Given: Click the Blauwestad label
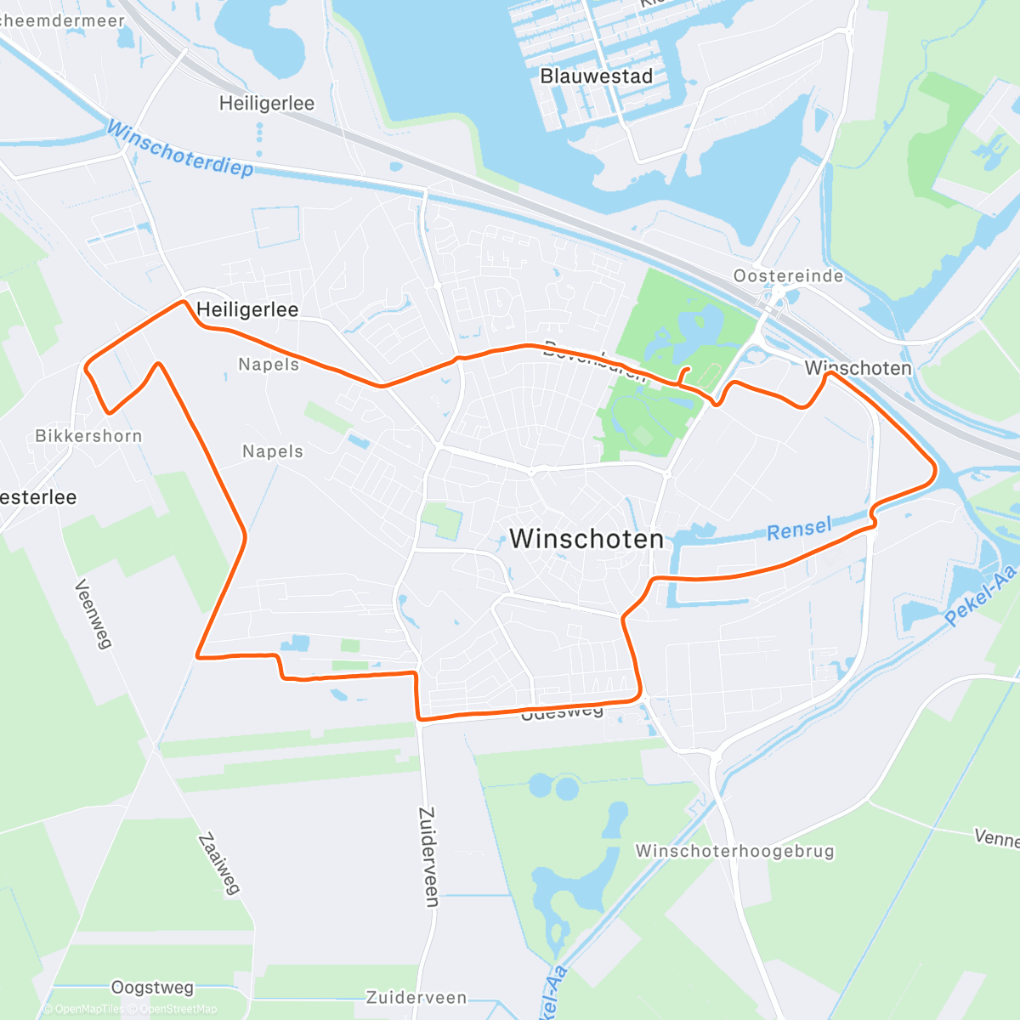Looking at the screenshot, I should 597,76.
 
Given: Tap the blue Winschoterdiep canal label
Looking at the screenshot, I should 180,150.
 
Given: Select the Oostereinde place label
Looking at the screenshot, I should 788,276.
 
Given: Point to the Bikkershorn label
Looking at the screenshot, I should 88,436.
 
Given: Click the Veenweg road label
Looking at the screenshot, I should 93,614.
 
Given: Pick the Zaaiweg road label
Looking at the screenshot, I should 219,864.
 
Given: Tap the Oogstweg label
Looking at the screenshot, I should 152,988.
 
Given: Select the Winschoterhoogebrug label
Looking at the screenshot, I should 734,852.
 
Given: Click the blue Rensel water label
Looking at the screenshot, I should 799,530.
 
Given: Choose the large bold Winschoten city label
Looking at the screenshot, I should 586,539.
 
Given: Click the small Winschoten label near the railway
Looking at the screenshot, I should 858,368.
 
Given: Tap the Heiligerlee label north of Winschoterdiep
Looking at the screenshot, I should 266,104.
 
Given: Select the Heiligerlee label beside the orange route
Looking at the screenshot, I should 247,310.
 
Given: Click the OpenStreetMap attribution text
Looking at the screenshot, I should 178,1009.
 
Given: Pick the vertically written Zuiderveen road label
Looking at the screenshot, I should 430,856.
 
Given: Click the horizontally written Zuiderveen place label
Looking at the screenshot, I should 416,998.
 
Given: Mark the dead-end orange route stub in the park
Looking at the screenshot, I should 684,375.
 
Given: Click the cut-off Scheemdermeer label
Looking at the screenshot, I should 61,20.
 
